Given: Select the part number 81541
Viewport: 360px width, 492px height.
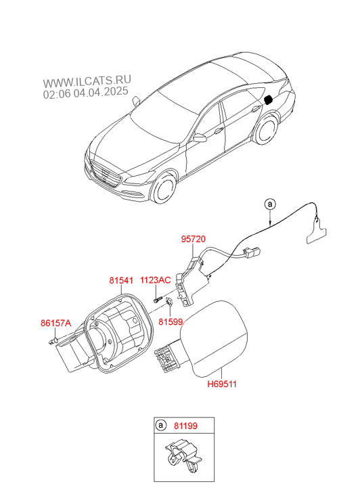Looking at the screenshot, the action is [121, 280].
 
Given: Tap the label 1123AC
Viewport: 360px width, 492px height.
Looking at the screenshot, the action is [156, 280].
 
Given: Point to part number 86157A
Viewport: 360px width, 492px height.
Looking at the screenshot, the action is [56, 323].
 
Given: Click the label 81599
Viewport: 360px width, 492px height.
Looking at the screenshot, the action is [171, 321].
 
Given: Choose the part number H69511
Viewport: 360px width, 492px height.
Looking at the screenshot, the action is [222, 384].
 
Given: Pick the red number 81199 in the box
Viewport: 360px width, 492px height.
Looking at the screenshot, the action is [186, 426].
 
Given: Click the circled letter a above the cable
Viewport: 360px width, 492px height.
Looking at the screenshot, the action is [270, 204].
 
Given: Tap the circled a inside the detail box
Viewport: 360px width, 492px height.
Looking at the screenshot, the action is [160, 426].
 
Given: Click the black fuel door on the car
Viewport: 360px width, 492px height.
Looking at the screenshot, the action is [269, 100].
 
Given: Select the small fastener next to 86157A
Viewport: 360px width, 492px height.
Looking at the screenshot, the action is [53, 341].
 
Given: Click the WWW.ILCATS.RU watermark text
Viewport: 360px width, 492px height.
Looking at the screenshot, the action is [87, 81].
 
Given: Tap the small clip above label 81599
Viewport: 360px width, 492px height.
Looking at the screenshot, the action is [169, 302].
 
